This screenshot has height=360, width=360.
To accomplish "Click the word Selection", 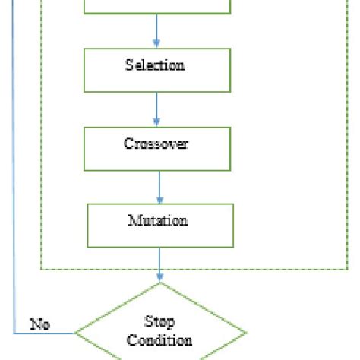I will pos(155,65).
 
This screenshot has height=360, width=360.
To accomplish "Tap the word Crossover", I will pos(156,143).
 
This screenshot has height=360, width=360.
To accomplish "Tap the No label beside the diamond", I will pos(39,324).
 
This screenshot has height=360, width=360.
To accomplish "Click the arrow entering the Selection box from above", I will pos(157,32).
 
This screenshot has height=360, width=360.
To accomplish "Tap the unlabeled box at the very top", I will pos(156,6).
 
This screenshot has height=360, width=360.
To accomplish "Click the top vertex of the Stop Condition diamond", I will pos(160,283).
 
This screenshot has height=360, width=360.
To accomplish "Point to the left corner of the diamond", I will pos(74,333).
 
